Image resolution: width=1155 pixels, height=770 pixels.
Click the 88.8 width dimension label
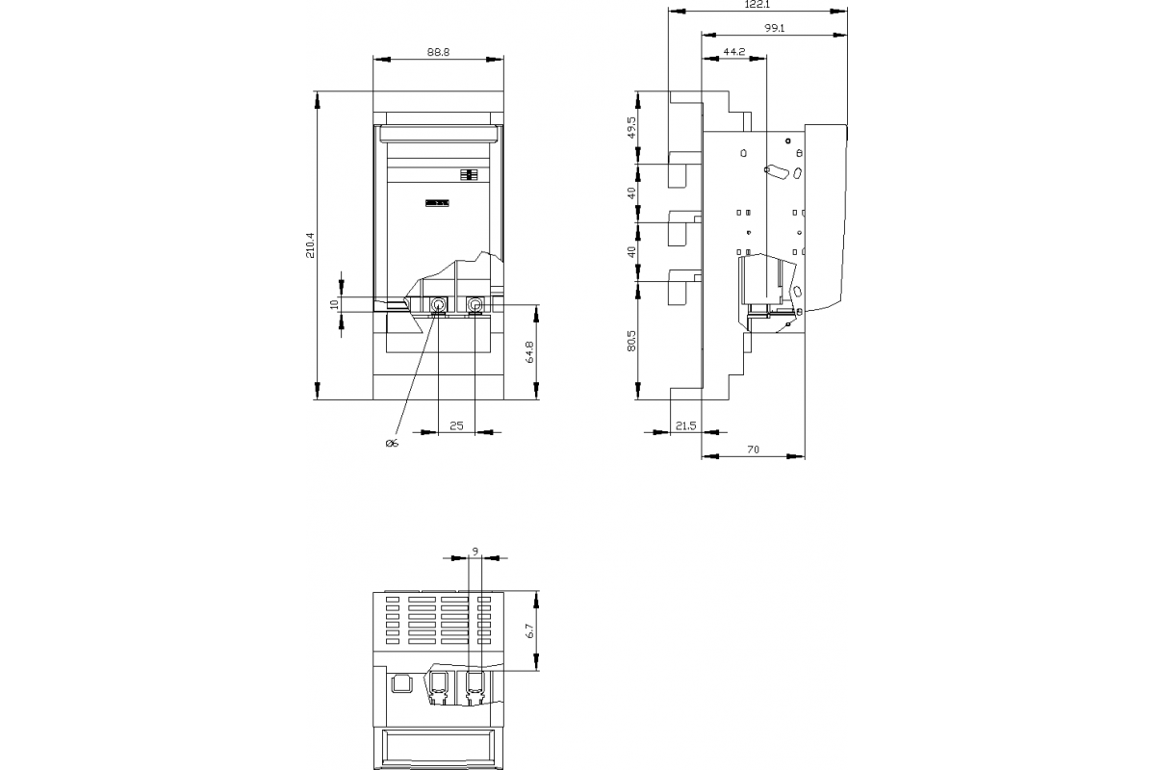pos(438,53)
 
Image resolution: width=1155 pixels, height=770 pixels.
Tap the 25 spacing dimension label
pos(456,424)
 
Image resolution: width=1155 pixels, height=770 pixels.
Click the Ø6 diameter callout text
pos(391,443)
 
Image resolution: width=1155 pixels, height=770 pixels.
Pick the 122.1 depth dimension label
pos(757,5)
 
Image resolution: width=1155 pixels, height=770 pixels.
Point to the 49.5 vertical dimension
pos(630,127)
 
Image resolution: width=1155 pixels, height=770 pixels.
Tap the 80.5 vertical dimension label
pos(630,342)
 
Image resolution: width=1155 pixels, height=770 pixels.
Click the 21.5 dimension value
pos(685,424)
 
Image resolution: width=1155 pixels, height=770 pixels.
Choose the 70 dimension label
pos(753,449)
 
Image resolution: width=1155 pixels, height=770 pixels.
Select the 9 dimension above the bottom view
pos(475,551)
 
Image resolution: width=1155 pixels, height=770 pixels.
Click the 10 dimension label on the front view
pos(334,304)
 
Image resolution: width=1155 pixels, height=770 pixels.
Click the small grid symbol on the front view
pos(470,175)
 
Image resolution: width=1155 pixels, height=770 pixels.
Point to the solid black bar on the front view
pos(437,202)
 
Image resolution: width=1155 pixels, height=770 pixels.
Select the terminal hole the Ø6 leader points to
pos(438,306)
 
